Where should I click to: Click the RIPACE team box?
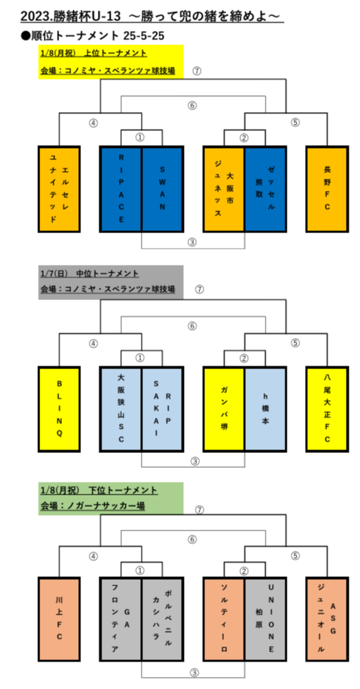(x=121, y=189)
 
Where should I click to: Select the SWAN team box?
(x=162, y=189)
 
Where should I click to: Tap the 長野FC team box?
(x=327, y=189)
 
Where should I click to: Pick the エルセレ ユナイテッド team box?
(x=59, y=189)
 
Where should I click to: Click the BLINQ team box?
(x=59, y=409)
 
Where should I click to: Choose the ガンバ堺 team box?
(x=224, y=409)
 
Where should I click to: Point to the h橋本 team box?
(x=266, y=409)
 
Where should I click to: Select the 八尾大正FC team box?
(x=327, y=409)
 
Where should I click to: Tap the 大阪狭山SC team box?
(x=121, y=409)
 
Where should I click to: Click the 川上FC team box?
(x=59, y=619)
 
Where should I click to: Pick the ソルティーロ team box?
(x=224, y=619)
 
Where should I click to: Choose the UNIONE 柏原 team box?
(x=266, y=619)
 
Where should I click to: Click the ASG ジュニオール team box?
(x=327, y=619)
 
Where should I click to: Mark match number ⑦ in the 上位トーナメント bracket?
(x=197, y=70)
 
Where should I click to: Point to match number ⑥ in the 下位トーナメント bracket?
(x=192, y=539)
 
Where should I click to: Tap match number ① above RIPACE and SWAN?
(x=139, y=137)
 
